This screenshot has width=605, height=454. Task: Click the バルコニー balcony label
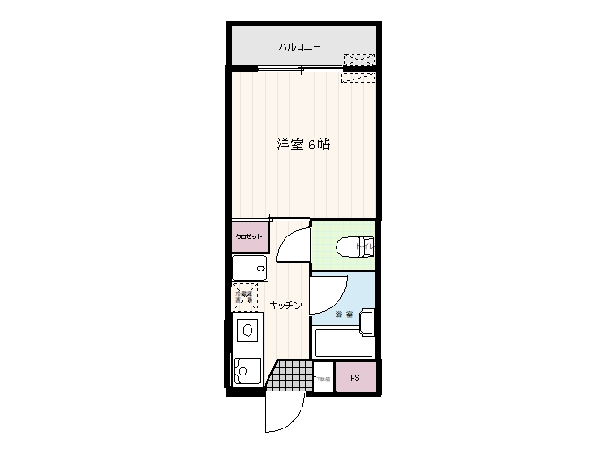point(300,46)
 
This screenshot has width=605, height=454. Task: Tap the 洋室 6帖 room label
point(302,146)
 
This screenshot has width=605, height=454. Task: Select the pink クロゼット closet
point(250,236)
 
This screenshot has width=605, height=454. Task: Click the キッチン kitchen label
point(285,305)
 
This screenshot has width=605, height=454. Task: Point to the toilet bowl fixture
point(354,248)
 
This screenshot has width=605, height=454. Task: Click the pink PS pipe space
point(355,377)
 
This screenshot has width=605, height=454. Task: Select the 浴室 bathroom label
point(343,313)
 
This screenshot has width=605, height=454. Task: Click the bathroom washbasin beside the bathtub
point(367,323)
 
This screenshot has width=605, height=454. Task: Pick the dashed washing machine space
point(246,298)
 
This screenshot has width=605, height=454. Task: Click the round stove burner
point(247,331)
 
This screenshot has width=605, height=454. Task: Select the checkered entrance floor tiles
point(288,375)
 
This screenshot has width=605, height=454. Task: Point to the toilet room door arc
point(293,244)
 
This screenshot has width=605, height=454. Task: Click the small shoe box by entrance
point(322,376)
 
